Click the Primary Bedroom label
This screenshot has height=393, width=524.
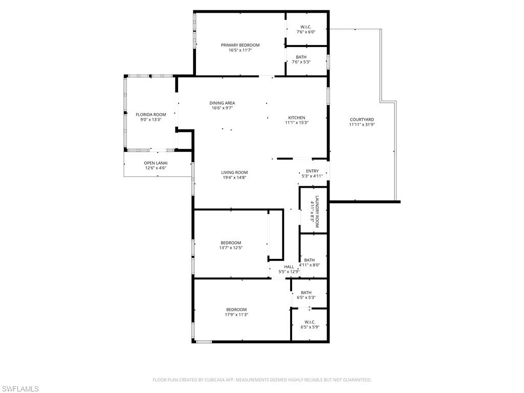(240, 45)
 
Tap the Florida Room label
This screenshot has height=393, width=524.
(150, 115)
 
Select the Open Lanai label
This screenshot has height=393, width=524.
(156, 163)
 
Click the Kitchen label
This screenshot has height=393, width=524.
(296, 117)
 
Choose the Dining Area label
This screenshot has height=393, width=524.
(222, 103)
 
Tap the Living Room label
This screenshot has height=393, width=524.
(234, 172)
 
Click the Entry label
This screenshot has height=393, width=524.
(312, 171)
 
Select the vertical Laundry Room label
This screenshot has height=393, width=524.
(317, 211)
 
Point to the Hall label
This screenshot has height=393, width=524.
(289, 267)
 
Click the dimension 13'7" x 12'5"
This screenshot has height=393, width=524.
(231, 248)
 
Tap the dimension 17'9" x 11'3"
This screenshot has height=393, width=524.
(236, 315)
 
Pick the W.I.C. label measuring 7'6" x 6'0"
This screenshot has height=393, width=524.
(306, 27)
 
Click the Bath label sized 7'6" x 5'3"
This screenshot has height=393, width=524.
(301, 57)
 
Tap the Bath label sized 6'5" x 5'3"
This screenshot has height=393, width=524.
(306, 292)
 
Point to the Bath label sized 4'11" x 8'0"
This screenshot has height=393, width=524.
(309, 260)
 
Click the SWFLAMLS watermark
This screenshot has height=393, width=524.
(20, 389)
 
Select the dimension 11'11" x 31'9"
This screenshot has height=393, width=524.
(362, 124)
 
